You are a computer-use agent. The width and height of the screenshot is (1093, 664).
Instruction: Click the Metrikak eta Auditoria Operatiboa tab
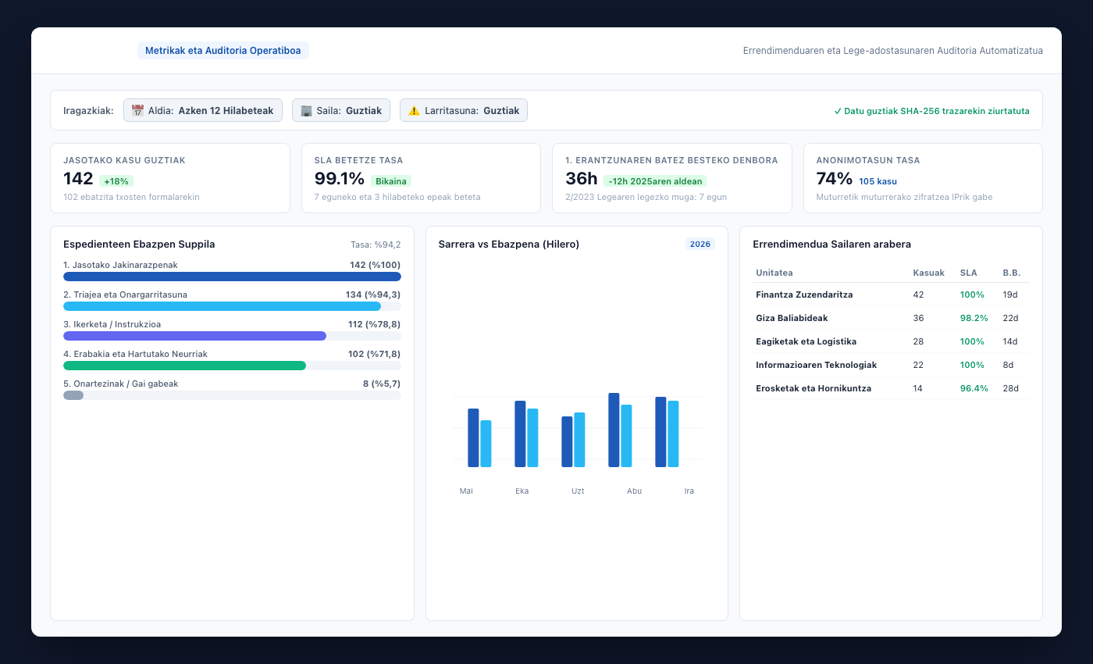(223, 50)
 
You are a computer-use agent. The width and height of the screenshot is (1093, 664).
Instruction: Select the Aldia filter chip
(202, 110)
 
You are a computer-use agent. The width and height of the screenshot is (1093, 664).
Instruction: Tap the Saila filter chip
(341, 110)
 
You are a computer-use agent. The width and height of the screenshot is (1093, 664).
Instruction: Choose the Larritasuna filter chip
(464, 110)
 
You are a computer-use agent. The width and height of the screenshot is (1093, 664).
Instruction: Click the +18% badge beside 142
(116, 181)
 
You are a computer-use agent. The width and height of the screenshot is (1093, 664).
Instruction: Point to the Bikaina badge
(391, 181)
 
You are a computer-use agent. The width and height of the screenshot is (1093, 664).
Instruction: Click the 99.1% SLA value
(339, 179)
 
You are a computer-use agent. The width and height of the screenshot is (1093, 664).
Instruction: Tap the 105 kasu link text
(878, 181)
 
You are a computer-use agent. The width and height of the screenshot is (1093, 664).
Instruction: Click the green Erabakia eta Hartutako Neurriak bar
(184, 366)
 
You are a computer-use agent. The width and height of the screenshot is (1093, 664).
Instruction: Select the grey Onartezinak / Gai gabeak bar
(73, 395)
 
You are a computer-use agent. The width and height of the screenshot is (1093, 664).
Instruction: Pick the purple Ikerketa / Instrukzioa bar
(194, 336)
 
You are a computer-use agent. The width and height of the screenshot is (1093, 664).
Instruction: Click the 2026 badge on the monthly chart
(700, 244)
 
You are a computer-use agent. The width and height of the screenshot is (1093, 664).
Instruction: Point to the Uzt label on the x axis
(578, 491)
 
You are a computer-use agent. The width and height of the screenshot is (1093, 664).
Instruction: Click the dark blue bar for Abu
(614, 430)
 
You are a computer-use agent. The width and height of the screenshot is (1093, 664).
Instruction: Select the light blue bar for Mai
(486, 444)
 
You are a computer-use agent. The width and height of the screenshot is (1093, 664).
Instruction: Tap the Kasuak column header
(928, 273)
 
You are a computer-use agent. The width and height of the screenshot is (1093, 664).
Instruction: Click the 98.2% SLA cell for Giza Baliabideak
(974, 318)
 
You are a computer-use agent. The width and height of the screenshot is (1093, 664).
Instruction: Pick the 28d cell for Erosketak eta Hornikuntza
(1010, 388)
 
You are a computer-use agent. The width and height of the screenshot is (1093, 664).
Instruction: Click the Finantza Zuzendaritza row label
(804, 295)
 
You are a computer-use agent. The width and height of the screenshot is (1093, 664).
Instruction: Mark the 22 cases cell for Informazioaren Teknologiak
(918, 365)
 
